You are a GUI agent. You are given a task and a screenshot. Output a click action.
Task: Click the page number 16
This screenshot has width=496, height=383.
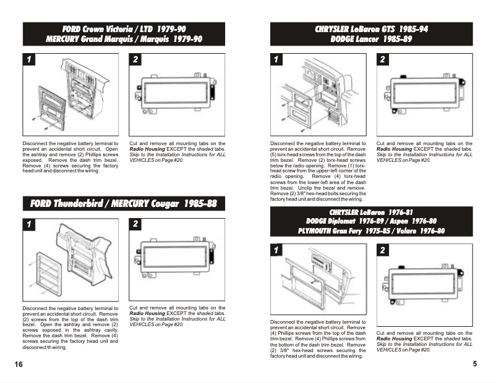19,364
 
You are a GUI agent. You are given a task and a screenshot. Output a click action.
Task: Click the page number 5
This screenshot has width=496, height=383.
474,364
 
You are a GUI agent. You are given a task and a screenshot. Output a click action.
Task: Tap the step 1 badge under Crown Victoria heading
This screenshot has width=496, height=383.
28,59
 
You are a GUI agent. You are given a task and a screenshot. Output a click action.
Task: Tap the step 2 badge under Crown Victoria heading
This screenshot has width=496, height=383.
136,59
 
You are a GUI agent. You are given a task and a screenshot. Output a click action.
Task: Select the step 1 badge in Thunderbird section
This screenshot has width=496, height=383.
28,224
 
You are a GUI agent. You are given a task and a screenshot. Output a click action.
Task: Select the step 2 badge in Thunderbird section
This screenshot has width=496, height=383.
136,224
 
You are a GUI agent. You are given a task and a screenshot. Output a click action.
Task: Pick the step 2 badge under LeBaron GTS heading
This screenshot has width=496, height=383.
383,59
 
